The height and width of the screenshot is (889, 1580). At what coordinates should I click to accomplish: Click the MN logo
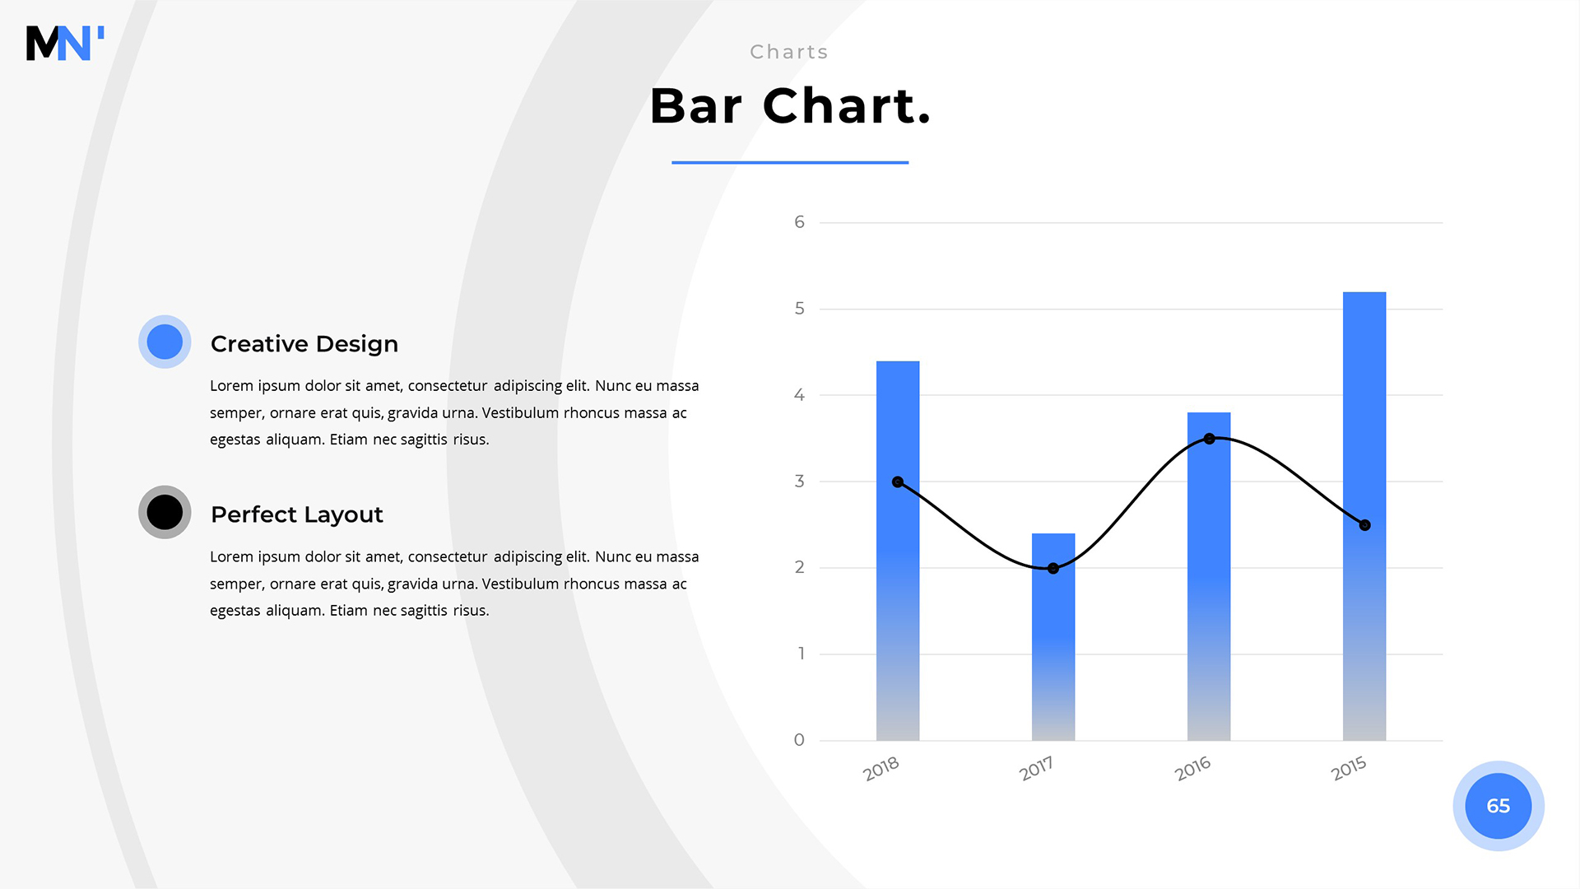(65, 43)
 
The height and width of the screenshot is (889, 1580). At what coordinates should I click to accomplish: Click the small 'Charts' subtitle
(789, 52)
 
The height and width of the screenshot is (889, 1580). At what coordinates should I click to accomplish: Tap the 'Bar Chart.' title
(790, 106)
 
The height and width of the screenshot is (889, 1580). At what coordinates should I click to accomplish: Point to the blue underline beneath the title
(790, 162)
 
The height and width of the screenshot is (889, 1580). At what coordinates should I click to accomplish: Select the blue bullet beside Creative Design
(165, 342)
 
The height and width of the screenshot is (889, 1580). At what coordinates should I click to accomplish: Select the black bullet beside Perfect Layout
(165, 512)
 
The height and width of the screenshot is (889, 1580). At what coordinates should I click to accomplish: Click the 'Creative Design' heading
(304, 344)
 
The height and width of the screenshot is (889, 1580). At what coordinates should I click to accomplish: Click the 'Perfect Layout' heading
(297, 514)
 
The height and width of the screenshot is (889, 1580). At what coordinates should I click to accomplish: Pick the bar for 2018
(898, 551)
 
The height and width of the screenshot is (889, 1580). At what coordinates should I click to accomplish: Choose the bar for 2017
(1053, 637)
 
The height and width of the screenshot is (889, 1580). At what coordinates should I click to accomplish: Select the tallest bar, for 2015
(1364, 516)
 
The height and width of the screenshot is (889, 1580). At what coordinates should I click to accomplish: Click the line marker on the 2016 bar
(1209, 439)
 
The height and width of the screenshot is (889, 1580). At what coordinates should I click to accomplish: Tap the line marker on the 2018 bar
(898, 482)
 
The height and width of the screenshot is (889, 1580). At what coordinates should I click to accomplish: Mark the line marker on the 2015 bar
(1364, 525)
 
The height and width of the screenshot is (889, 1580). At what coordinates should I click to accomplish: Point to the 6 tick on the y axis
(799, 222)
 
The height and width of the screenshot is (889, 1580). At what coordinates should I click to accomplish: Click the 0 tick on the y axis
(799, 740)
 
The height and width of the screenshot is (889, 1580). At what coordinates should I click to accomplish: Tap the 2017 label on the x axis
(1036, 769)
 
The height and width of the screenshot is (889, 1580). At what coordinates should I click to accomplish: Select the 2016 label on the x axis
(1192, 769)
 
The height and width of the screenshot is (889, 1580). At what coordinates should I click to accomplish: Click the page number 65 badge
(1499, 806)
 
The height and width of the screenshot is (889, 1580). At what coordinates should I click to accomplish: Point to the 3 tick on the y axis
(799, 481)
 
